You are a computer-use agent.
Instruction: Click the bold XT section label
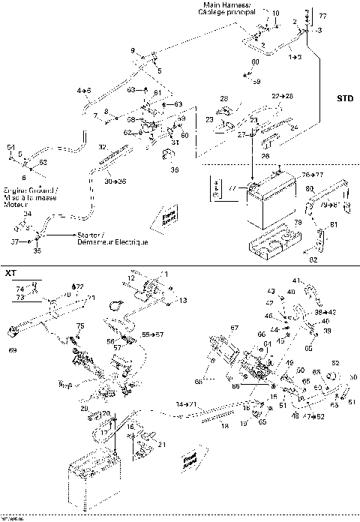click(x=10, y=273)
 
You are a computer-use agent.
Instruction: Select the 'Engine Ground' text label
click(x=22, y=190)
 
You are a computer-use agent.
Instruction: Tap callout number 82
click(x=313, y=259)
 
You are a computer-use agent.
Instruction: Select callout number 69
click(x=11, y=350)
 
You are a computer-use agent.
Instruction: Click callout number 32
click(x=103, y=146)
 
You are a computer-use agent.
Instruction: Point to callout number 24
click(x=293, y=127)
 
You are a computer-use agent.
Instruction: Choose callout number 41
click(x=295, y=280)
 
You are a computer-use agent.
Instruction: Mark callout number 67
click(x=234, y=327)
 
